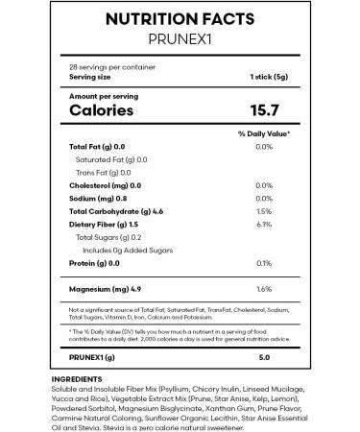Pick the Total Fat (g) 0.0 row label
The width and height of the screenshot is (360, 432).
pos(98,146)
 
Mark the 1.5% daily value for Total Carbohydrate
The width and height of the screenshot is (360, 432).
pos(265,209)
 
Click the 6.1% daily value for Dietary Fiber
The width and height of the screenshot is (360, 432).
pos(265,223)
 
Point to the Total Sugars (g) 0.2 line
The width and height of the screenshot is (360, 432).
pos(108,236)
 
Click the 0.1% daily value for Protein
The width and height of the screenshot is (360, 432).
pos(265,262)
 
